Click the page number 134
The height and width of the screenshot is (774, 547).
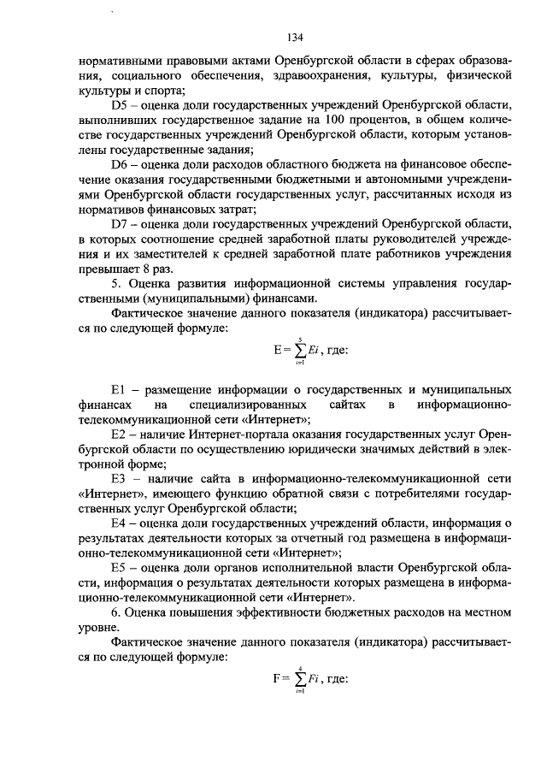tap(296, 37)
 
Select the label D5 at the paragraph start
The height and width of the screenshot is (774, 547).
tap(120, 104)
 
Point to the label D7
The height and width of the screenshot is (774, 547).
tap(120, 224)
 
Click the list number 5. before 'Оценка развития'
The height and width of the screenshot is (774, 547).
tap(117, 284)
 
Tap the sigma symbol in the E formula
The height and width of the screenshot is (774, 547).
tap(300, 348)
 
